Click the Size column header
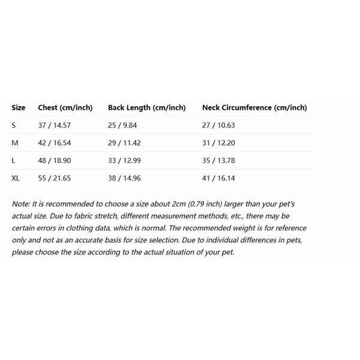pos(19,108)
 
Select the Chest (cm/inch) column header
pos(65,108)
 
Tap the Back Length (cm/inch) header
pos(146,108)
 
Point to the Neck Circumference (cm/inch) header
pos(254,108)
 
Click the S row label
pos(14,125)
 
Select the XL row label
pos(16,178)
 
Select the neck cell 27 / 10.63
pos(218,125)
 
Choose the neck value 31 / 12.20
pos(218,143)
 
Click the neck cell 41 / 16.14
pos(218,178)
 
